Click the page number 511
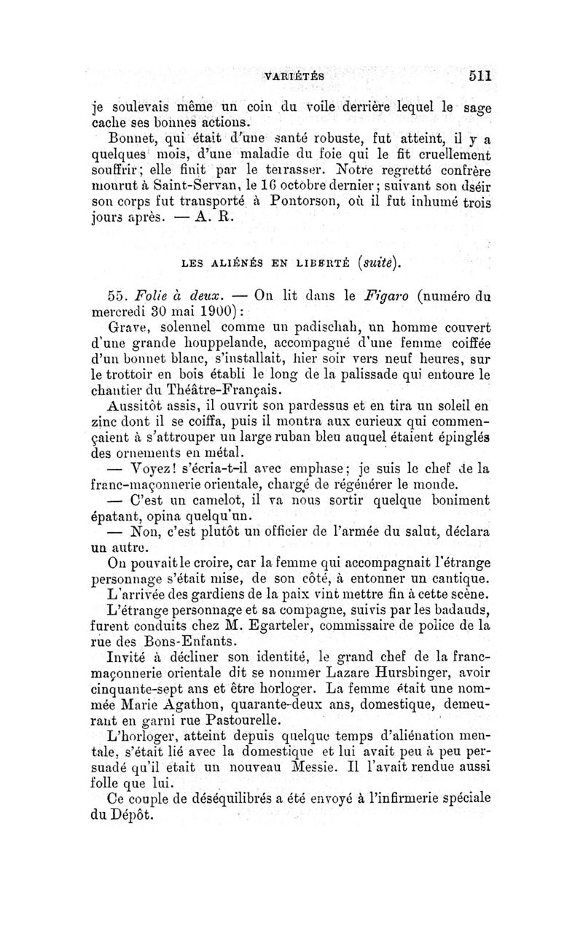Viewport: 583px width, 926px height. [482, 75]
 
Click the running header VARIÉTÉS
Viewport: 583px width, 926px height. [294, 76]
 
